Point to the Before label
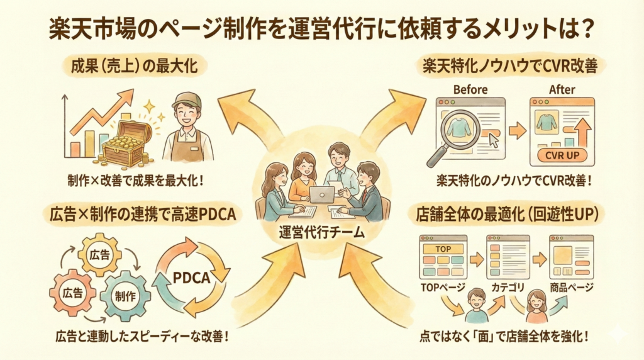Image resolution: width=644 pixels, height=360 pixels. (470, 90)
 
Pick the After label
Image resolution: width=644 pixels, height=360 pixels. (562, 90)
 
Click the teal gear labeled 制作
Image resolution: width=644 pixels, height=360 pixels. (125, 296)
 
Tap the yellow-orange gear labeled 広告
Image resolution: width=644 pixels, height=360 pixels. (100, 254)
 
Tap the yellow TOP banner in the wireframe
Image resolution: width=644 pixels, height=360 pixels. (443, 249)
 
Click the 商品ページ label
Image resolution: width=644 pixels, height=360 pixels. (571, 287)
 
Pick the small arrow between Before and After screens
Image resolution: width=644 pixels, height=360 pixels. (517, 131)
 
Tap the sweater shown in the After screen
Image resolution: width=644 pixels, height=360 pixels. (546, 121)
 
